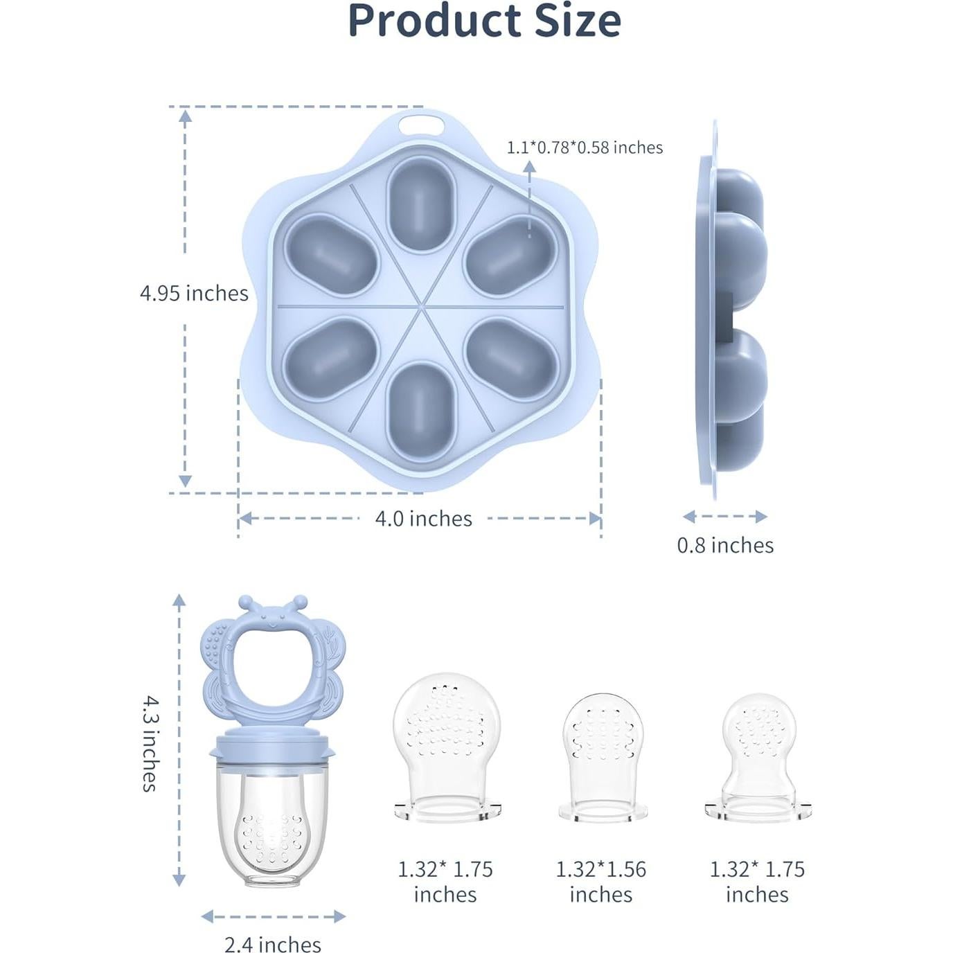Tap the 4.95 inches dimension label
tap(194, 293)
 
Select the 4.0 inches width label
tap(423, 518)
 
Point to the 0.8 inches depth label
tap(725, 545)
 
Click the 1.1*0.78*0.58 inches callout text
tap(585, 148)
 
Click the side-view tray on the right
tap(731, 312)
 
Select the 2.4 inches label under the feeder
tap(272, 944)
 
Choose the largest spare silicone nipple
tap(447, 745)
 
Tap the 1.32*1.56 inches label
tap(600, 881)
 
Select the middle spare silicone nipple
tap(603, 755)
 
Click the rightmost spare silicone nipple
tap(758, 755)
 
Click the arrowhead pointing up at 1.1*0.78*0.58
tap(529, 166)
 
